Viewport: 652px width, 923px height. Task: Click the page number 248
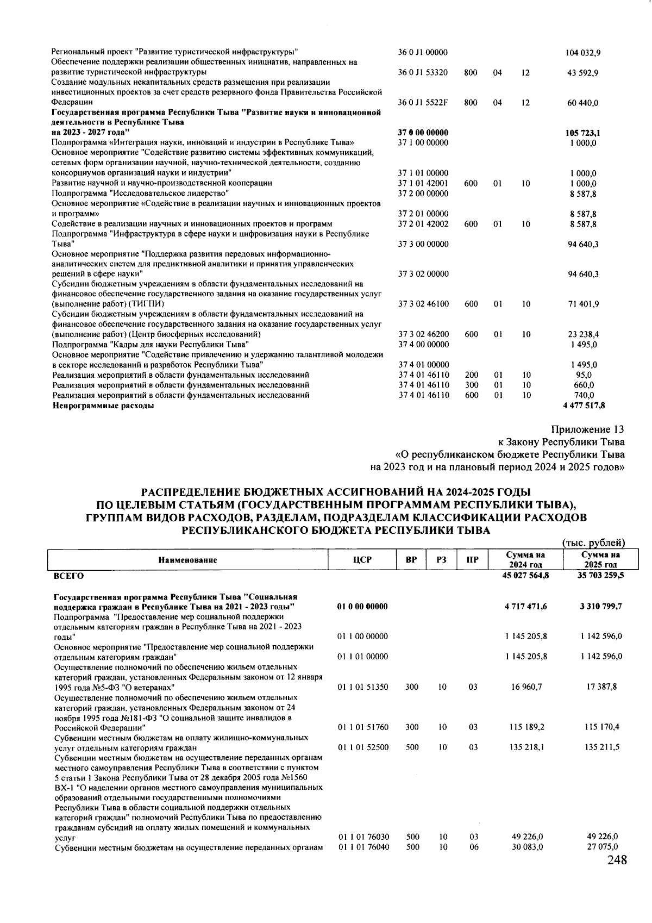(616, 860)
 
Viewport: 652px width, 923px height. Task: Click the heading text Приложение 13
(588, 430)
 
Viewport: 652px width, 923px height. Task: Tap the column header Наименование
(187, 560)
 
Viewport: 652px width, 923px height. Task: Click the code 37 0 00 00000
(423, 133)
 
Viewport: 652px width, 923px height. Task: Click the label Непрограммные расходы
(103, 406)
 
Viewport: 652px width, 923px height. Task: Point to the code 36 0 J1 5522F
(423, 102)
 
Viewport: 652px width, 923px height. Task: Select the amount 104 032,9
(582, 53)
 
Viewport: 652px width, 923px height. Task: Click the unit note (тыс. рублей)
(593, 543)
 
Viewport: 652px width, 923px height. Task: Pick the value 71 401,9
(583, 304)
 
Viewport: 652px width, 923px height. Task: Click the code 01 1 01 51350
(362, 687)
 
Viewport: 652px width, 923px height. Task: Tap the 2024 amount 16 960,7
(526, 687)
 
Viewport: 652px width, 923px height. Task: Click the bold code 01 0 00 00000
(362, 607)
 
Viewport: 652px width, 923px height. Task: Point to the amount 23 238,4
(583, 334)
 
